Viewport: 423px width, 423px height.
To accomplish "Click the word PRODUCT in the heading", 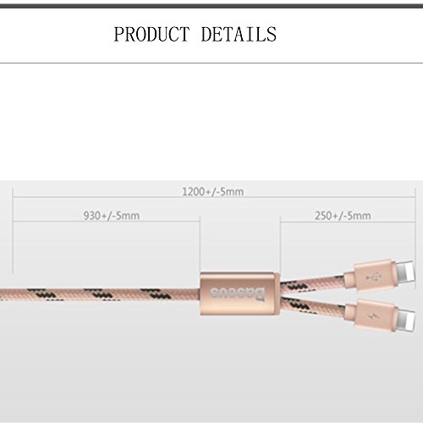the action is click(x=151, y=34).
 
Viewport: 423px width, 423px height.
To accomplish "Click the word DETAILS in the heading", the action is click(x=239, y=34).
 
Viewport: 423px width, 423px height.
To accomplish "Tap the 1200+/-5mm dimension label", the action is click(x=213, y=192).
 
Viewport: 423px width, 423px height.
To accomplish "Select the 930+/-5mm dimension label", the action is click(x=112, y=216).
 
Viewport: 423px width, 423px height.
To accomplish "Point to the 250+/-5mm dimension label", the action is click(x=343, y=216).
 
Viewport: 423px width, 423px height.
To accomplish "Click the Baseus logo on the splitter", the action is click(x=238, y=294).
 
